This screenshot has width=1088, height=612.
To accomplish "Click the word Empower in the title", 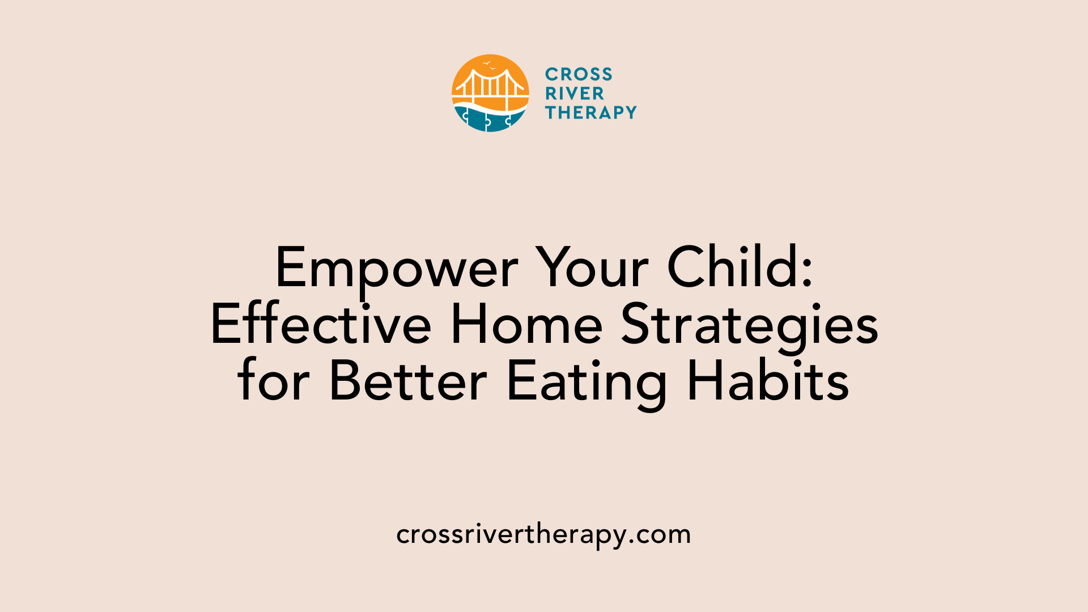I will coord(396,269).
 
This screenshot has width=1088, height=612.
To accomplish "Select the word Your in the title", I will coord(592,269).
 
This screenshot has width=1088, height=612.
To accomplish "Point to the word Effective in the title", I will coord(321,325).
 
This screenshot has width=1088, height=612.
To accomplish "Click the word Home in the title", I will coord(526,325).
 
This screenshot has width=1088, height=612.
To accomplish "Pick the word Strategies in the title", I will coord(750,326).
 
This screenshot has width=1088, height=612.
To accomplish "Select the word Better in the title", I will coord(408,381).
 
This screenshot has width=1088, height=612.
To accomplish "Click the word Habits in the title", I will coord(768,381).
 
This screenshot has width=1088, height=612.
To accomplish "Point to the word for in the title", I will coord(274,381).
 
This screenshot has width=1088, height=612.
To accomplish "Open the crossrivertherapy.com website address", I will coord(543,534).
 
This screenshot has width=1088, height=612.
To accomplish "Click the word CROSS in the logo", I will coord(579,74).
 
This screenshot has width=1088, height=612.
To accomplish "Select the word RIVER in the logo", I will coord(575,93).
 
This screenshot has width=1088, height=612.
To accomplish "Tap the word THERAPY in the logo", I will coord(591,113).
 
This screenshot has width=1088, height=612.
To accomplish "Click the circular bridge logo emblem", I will coord(490,93).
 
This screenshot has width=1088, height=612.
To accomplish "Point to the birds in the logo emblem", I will coord(489,66).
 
